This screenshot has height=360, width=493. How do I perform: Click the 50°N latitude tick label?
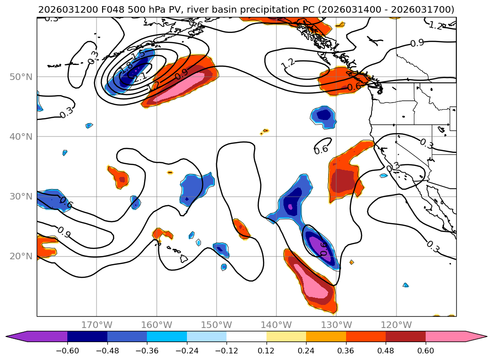[x=22, y=77]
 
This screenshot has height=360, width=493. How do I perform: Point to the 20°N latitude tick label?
[x=22, y=256]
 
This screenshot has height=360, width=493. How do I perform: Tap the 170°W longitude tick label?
[x=97, y=325]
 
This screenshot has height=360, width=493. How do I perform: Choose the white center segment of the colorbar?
[x=246, y=336]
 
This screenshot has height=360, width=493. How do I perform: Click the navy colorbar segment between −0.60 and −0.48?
[x=87, y=336]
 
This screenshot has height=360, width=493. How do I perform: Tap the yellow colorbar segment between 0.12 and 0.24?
[x=286, y=336]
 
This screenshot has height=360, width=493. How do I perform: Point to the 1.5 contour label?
[x=138, y=55]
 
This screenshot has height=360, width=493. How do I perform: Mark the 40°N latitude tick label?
[x=22, y=136]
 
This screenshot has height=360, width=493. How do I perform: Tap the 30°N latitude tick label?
[x=22, y=196]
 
